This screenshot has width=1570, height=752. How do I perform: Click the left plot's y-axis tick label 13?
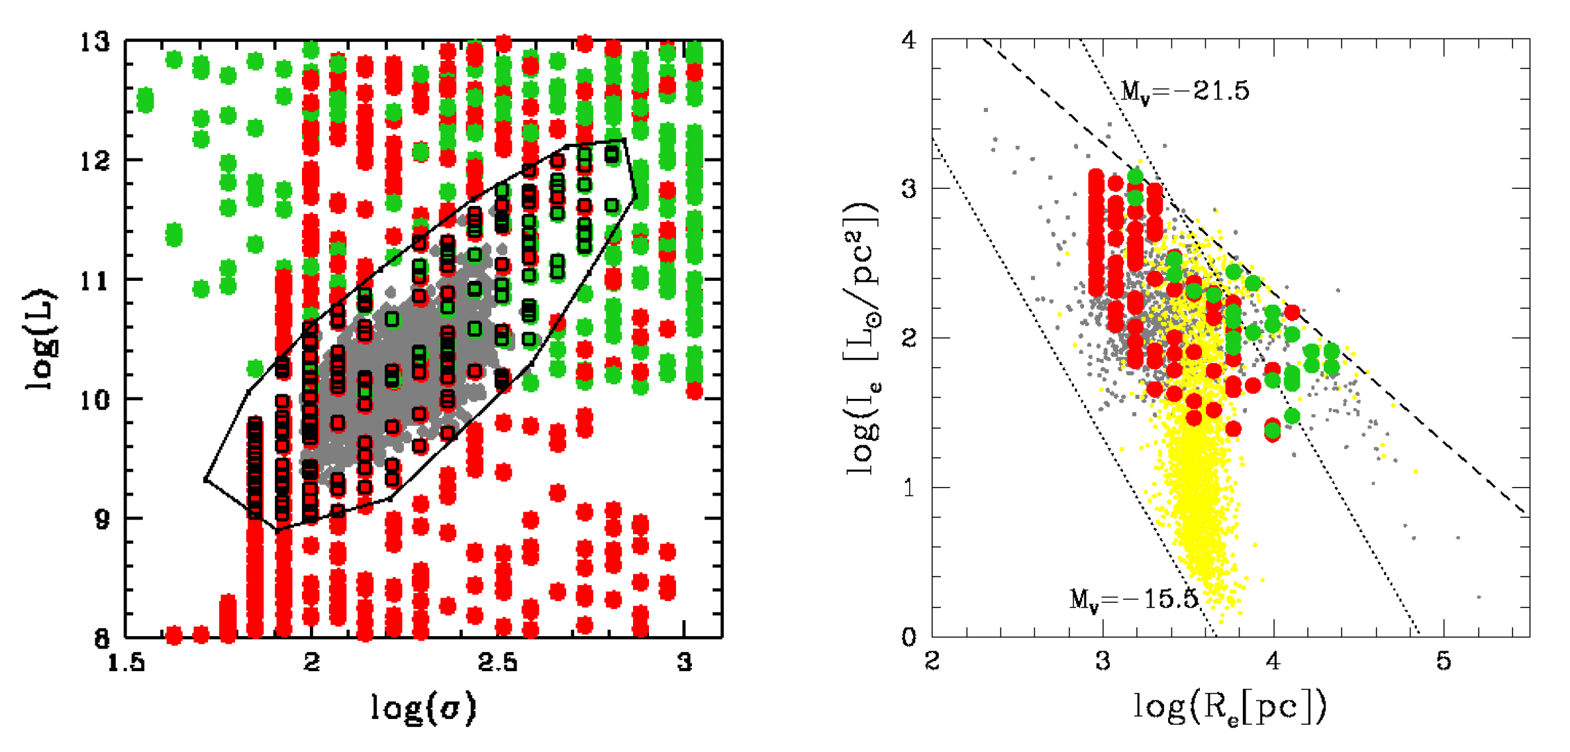click(94, 42)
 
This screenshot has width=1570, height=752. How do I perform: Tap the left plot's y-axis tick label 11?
click(94, 281)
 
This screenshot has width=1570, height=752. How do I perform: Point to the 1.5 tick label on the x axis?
click(126, 662)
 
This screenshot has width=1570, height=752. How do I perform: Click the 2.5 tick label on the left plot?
click(497, 662)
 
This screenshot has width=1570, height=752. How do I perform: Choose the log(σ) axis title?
click(423, 708)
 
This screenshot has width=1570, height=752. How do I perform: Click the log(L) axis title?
click(41, 339)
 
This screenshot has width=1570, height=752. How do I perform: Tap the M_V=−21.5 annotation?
click(1185, 91)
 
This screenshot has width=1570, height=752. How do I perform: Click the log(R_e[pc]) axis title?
click(1230, 708)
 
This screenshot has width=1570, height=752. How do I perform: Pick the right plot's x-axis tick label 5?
click(1444, 661)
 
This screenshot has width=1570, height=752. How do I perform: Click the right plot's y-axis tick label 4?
click(908, 40)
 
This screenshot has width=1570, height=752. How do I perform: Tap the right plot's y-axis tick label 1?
click(908, 488)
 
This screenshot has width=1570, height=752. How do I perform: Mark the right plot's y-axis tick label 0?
click(908, 637)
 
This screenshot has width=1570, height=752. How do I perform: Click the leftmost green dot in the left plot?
click(145, 101)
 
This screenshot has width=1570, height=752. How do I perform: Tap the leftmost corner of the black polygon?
click(206, 479)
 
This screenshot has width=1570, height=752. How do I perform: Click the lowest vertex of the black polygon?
click(277, 531)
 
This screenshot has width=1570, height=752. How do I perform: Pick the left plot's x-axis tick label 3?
click(685, 662)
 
